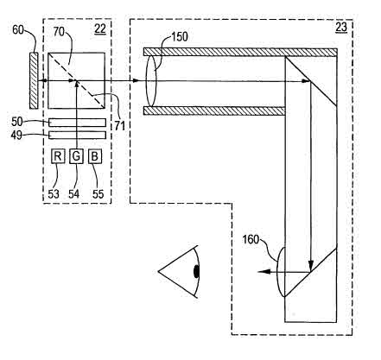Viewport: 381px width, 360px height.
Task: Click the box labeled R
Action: click(58, 156)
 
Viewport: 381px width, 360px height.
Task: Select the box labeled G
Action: click(76, 156)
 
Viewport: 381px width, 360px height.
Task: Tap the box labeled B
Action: click(95, 156)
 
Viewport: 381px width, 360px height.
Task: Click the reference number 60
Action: click(18, 29)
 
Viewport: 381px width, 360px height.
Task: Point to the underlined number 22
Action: click(100, 29)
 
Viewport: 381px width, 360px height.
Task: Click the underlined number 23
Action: click(341, 28)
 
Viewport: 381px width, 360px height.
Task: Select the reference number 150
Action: click(180, 37)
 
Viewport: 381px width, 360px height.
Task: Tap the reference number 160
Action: click(251, 239)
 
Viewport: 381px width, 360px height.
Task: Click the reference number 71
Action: click(119, 126)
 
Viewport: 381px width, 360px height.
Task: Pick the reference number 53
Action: click(54, 194)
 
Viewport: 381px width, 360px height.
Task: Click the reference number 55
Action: click(98, 194)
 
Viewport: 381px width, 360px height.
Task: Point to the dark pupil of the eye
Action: click(196, 271)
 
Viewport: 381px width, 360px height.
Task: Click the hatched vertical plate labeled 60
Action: click(34, 80)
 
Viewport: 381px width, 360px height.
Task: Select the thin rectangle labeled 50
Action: click(78, 123)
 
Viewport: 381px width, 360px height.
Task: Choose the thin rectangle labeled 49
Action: click(78, 135)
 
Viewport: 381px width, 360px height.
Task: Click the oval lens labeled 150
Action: click(151, 81)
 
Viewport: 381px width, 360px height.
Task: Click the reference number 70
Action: click(59, 32)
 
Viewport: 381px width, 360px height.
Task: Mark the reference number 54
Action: click(73, 194)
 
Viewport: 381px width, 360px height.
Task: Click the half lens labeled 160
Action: click(281, 272)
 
